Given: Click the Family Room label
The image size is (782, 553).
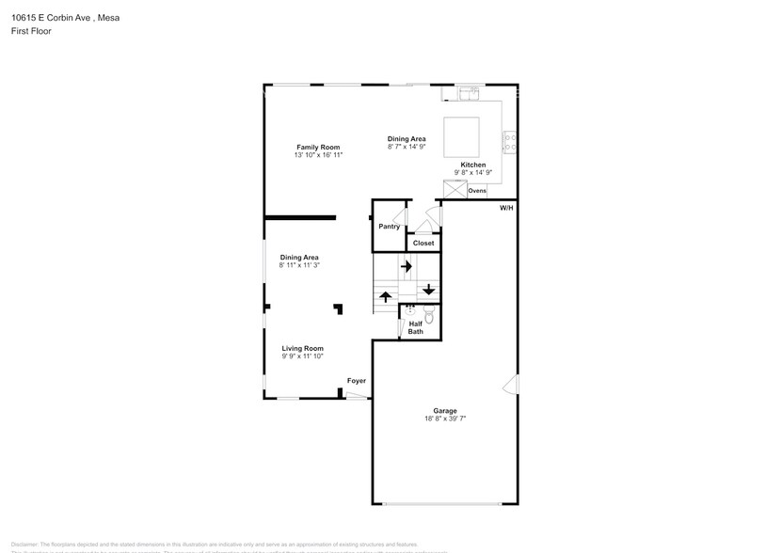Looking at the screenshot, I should point(318,147).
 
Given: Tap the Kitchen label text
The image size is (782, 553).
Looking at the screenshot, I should point(472,165).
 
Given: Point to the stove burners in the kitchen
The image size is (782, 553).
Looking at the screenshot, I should point(510,142).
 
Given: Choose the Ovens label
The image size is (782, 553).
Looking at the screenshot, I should point(477,191).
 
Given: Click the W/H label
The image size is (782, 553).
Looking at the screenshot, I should point(506,207).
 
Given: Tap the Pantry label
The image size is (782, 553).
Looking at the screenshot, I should point(389,227).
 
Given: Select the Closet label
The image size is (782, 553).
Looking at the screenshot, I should point(423,243).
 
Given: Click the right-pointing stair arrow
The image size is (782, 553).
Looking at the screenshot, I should point(407,267).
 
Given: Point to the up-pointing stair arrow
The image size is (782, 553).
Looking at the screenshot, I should point(386,296).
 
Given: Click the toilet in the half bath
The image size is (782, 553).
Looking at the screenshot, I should point(429,316).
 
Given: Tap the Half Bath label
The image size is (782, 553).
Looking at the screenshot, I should point(415,327).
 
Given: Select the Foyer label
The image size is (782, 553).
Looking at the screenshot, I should point(357,381).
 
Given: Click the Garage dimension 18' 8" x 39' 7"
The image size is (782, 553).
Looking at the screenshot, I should point(444,419).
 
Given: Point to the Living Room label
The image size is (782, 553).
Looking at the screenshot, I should point(302,348).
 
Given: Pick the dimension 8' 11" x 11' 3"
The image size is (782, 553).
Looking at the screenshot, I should point(299,265).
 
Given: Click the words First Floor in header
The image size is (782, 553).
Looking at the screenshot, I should point(32,31).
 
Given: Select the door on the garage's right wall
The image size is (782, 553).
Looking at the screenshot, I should point(509,384).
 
